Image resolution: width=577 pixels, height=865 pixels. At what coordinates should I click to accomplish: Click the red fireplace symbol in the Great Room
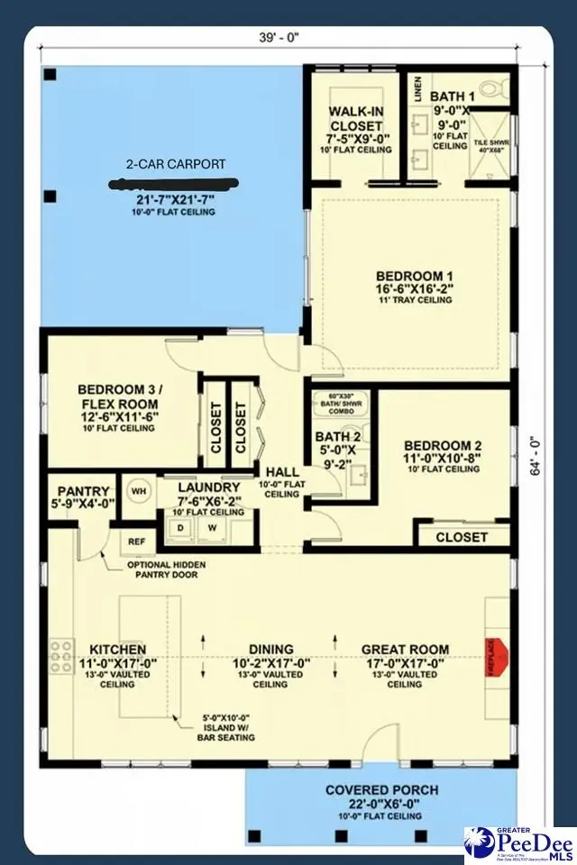point(499,650)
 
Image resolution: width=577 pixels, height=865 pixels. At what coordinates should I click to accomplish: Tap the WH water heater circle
point(139,491)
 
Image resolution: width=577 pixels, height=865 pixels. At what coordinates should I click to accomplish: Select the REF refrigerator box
point(136,542)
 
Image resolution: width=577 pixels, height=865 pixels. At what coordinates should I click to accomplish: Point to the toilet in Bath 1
point(490,88)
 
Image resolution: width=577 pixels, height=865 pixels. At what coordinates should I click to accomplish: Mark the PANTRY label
point(82,491)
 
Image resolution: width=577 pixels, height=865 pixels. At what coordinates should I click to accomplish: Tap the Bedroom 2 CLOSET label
point(462,537)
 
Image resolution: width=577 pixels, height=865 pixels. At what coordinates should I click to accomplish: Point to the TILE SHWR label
point(490,142)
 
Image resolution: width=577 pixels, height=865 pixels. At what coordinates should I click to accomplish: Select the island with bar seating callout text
point(228,728)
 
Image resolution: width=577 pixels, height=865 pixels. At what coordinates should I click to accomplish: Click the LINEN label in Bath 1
point(417,89)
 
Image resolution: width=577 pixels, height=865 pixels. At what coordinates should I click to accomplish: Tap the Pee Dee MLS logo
point(519,844)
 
